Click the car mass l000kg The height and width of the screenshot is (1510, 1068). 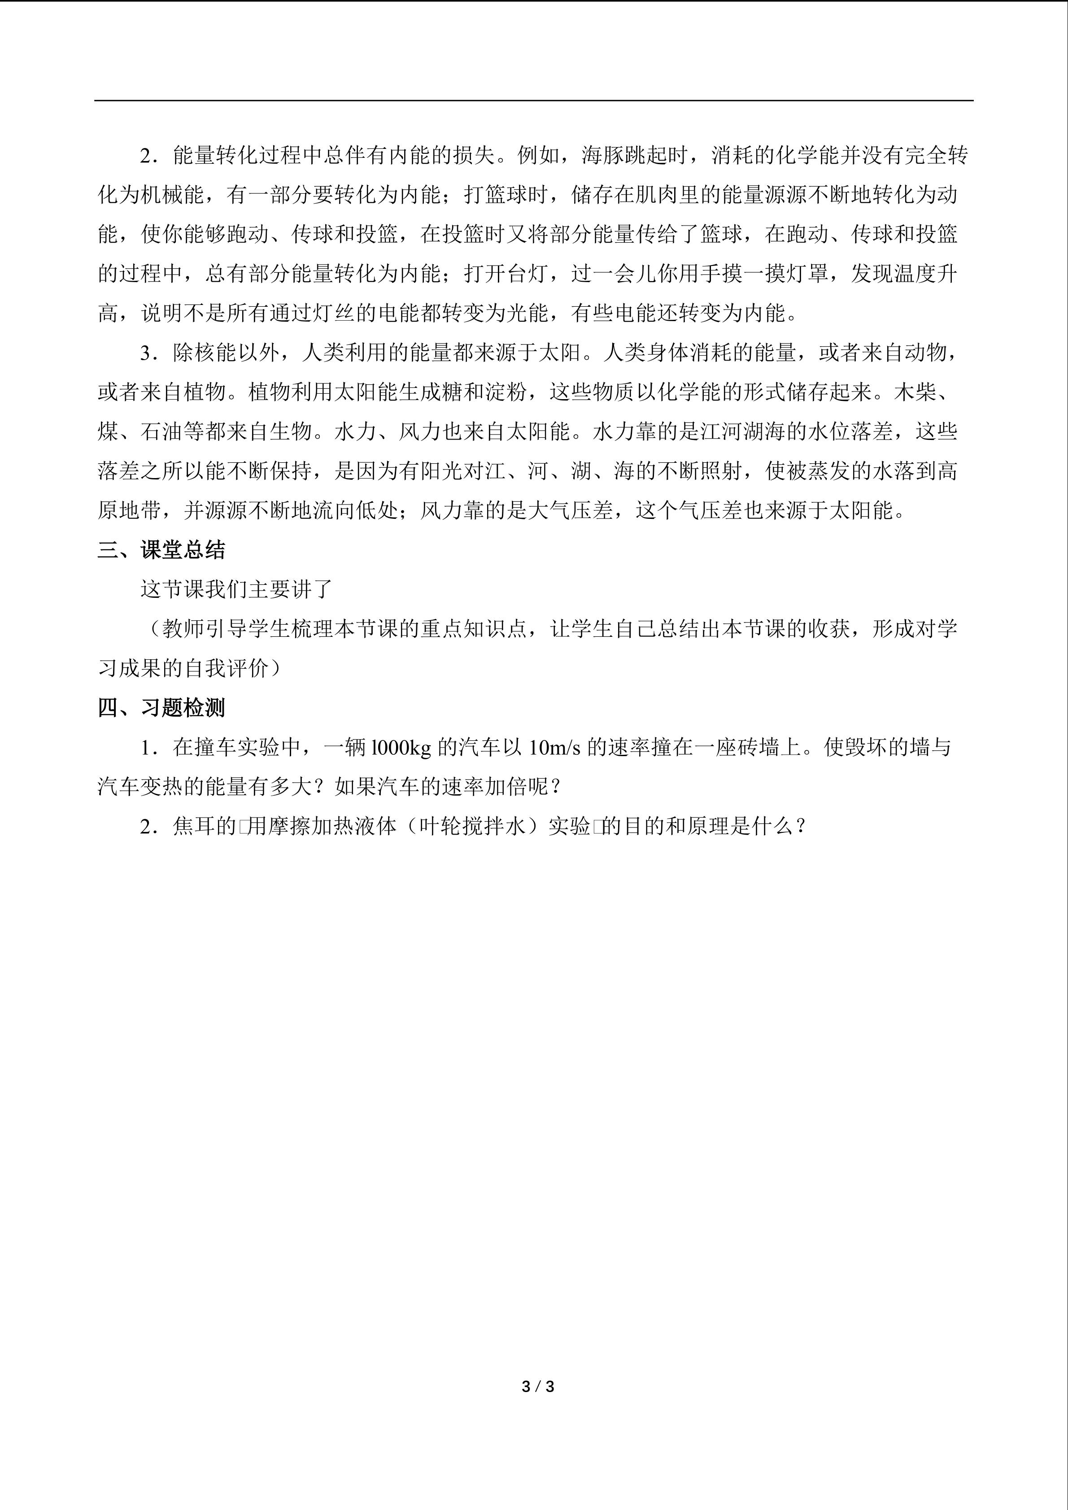click(x=401, y=748)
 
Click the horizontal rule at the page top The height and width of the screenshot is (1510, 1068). click(x=533, y=100)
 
